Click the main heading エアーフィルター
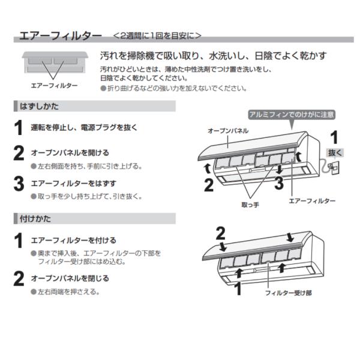point(61,36)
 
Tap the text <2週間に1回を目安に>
point(157,35)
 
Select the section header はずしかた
point(39,106)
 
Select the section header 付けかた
point(35,218)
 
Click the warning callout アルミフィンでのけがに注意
point(292,115)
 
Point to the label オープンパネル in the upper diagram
point(228,131)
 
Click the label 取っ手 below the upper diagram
point(250,205)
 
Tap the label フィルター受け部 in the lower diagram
point(289,293)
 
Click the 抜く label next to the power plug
point(335,152)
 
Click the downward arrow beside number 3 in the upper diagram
point(280,169)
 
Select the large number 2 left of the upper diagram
point(209,185)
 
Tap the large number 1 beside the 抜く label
point(334,137)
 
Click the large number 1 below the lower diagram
point(238,289)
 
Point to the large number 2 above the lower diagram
point(221,233)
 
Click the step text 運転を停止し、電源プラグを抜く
point(84,127)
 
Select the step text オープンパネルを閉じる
point(70,278)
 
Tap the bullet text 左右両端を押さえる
point(68,292)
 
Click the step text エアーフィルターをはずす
point(74,184)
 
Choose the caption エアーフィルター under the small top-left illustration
point(55,86)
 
